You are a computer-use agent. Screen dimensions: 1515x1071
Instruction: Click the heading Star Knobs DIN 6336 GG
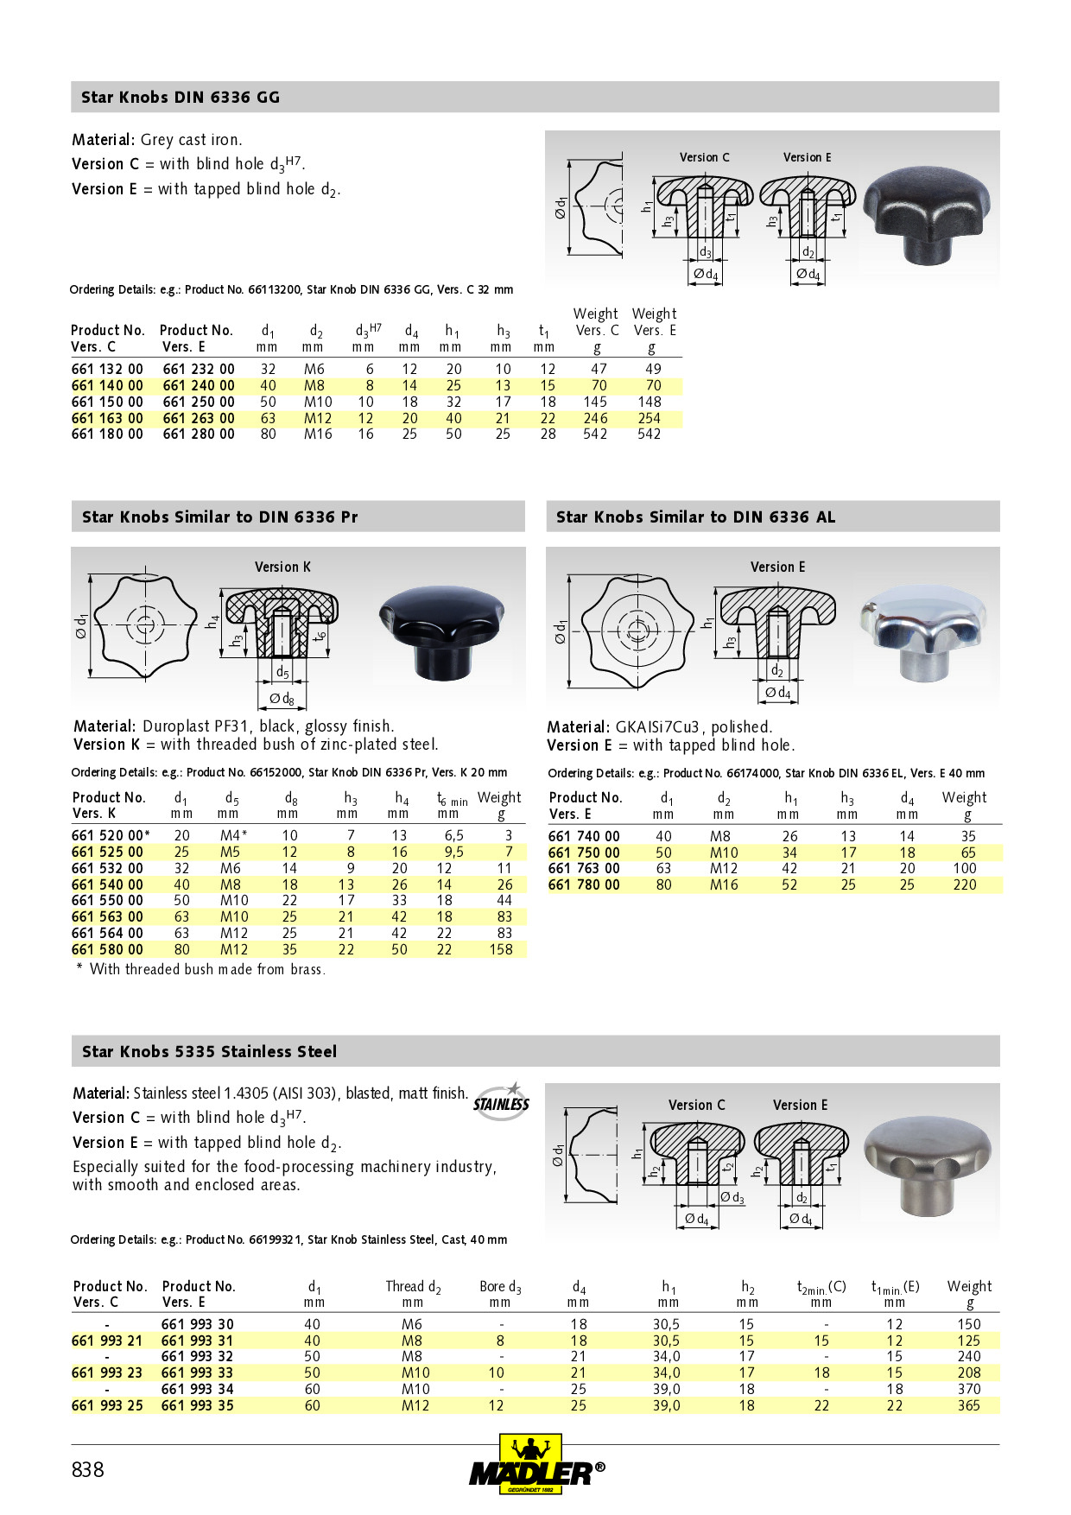point(181,98)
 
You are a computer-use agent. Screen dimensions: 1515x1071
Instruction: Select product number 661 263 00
point(199,418)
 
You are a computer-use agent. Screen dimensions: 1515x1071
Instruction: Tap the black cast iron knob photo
point(926,213)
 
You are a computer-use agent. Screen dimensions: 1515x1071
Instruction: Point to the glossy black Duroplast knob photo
point(441,629)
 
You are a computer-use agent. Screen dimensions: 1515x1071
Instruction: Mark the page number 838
point(87,1470)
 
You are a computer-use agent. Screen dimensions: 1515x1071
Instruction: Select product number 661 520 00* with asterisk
point(111,835)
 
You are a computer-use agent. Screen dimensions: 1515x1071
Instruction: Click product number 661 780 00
point(584,884)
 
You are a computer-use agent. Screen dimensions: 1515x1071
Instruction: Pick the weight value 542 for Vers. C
point(595,434)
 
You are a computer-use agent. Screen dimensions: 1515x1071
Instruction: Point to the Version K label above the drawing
point(282,567)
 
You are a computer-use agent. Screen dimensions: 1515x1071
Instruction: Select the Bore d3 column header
point(500,1287)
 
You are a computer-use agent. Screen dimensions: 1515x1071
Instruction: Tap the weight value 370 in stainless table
point(969,1389)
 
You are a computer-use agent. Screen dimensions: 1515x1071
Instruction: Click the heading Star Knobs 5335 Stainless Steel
point(209,1052)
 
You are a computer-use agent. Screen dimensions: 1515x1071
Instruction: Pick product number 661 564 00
point(107,933)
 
